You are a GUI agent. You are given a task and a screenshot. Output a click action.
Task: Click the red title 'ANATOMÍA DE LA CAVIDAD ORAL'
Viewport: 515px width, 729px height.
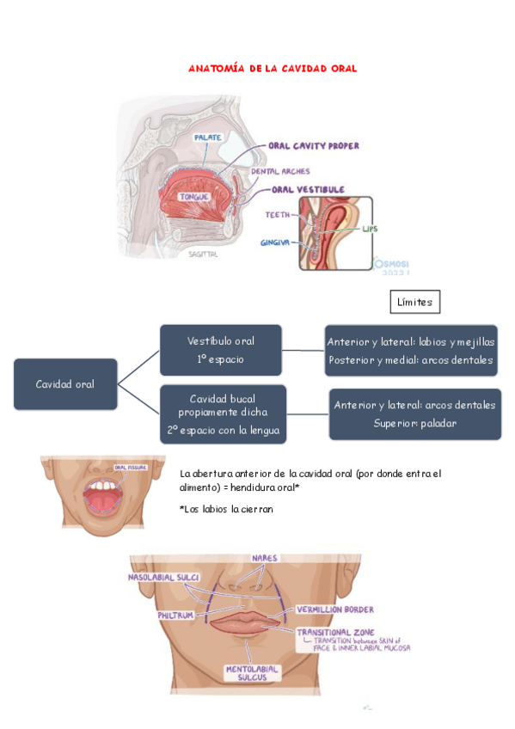click(273, 68)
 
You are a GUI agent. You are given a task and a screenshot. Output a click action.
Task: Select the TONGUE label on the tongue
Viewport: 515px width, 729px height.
click(193, 198)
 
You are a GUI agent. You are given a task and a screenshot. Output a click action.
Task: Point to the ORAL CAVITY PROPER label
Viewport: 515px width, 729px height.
click(314, 146)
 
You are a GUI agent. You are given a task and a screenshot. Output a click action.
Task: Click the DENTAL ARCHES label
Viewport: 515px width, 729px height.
click(280, 172)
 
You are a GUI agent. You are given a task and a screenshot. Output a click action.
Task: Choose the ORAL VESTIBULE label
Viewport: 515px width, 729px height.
click(309, 189)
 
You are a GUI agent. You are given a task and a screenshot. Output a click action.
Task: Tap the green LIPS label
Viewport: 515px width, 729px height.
click(370, 230)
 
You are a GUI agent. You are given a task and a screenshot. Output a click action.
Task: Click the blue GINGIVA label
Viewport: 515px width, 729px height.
click(276, 243)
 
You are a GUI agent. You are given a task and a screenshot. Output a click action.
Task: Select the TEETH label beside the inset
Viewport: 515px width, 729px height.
click(277, 215)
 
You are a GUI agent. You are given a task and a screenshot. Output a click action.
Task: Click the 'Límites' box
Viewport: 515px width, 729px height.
click(415, 302)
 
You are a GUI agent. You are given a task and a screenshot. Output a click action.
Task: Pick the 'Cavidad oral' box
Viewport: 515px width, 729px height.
click(65, 383)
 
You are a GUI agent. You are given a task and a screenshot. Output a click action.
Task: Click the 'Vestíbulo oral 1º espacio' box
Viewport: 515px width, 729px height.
click(220, 350)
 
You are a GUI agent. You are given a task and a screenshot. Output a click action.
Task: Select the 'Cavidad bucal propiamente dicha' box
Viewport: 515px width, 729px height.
click(223, 414)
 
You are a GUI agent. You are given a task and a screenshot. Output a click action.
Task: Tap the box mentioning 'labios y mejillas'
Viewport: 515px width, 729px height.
click(411, 351)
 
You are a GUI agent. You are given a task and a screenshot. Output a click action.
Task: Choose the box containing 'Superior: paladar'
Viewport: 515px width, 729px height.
click(414, 414)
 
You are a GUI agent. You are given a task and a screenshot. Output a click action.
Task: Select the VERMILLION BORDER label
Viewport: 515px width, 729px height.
click(335, 610)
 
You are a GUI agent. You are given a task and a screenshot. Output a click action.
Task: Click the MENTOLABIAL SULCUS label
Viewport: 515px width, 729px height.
click(252, 672)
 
